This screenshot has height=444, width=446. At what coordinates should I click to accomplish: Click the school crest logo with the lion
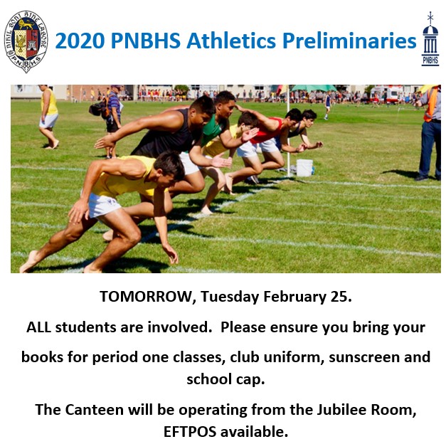tap(26, 41)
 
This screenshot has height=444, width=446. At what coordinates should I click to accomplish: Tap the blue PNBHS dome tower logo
tap(430, 38)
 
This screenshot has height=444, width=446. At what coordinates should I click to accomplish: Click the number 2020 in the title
tap(80, 41)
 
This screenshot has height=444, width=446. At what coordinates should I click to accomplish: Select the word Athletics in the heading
tap(231, 41)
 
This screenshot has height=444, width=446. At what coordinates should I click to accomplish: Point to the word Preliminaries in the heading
tap(349, 41)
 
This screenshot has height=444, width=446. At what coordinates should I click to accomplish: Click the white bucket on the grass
tap(304, 168)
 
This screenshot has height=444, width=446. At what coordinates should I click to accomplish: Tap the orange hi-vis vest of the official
tap(430, 105)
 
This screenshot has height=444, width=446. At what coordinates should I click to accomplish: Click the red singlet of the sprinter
tap(267, 132)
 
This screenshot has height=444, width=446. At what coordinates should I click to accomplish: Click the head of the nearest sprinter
tap(169, 169)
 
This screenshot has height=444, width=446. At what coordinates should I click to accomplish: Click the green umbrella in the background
tap(313, 88)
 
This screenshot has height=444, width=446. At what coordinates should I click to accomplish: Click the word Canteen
tap(94, 410)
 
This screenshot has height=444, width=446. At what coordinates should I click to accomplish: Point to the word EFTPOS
tap(190, 432)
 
